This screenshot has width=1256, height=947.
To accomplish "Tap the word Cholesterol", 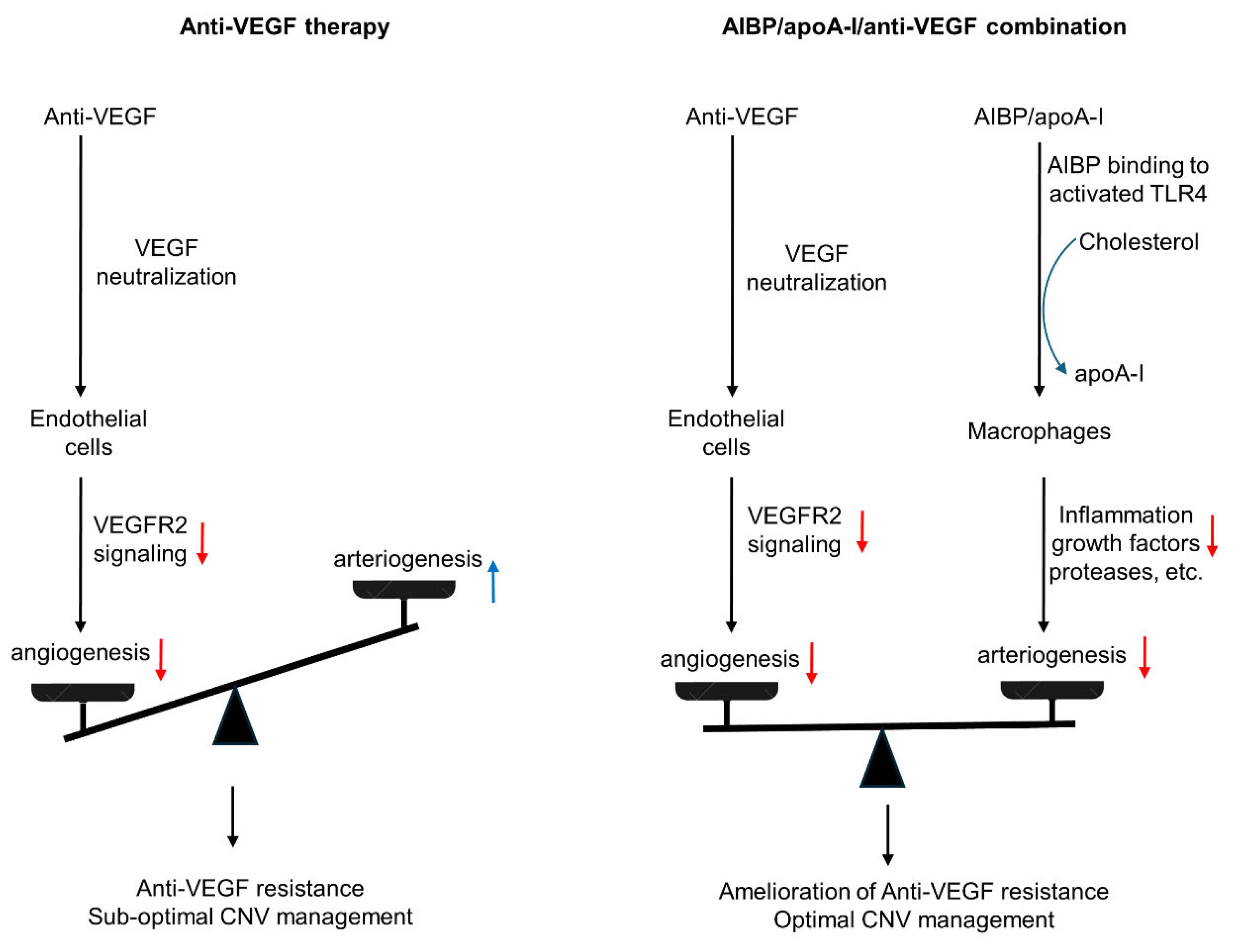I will coord(1138,242).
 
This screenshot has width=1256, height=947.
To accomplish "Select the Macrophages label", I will coord(1038,431).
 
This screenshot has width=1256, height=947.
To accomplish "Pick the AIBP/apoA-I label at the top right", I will coord(1038,117).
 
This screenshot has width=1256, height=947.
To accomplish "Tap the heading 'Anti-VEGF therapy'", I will coord(284,27).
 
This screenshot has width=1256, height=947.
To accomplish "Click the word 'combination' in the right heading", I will coord(1056,27).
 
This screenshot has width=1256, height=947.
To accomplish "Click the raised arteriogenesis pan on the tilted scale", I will coord(404,589).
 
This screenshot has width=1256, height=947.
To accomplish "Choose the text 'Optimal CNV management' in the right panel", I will coord(914,920).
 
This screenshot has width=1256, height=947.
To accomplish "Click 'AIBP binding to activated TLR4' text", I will coord(1127,180).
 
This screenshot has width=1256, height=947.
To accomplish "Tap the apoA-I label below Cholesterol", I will coord(1108,374).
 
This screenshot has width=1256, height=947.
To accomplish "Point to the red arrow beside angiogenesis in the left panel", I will coord(161,659).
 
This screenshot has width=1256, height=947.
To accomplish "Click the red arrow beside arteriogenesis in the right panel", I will coord(1144,657).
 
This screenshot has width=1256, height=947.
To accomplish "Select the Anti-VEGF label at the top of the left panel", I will coord(100,117).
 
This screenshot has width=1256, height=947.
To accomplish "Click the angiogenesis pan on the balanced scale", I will coord(726,691).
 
